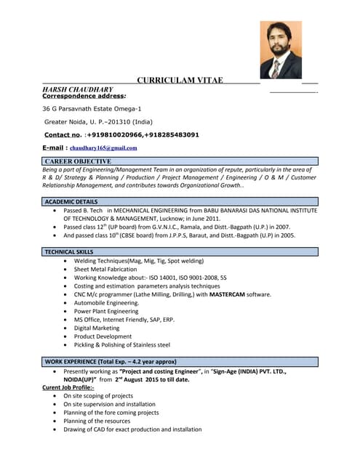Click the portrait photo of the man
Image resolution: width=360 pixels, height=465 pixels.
[x=280, y=49]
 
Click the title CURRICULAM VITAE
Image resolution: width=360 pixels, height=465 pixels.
[x=180, y=80]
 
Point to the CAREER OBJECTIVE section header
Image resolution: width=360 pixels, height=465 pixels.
[x=78, y=161]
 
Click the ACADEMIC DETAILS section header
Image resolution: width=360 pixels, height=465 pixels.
[x=71, y=201]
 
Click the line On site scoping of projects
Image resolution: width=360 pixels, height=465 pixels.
[x=98, y=396]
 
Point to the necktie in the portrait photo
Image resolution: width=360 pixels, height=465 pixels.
[x=276, y=68]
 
